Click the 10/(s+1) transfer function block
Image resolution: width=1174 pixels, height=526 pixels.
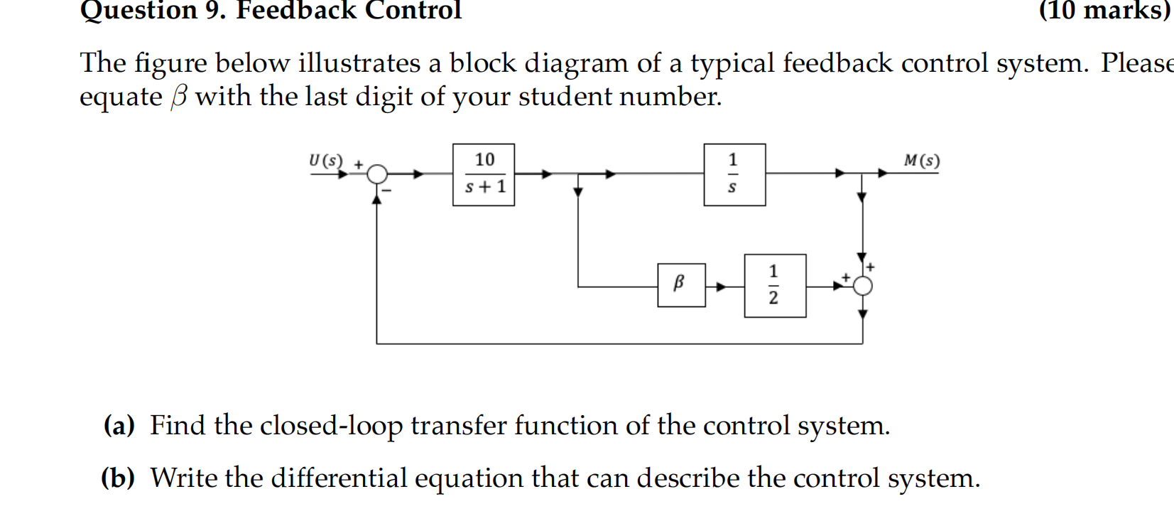pyautogui.click(x=484, y=175)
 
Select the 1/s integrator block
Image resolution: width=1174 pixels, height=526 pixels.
pyautogui.click(x=734, y=175)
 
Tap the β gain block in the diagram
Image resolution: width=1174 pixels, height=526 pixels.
pyautogui.click(x=681, y=285)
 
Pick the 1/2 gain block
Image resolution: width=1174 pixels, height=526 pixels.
pyautogui.click(x=775, y=285)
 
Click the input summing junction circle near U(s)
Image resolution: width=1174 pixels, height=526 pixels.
pyautogui.click(x=377, y=173)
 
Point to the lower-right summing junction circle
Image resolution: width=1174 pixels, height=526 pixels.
pyautogui.click(x=862, y=286)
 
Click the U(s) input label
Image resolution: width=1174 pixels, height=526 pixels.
pyautogui.click(x=325, y=161)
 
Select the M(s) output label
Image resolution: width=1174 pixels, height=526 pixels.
pyautogui.click(x=921, y=161)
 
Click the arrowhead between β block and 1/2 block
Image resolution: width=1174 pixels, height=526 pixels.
pyautogui.click(x=722, y=286)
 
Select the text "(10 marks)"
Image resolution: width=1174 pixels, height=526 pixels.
pyautogui.click(x=1104, y=10)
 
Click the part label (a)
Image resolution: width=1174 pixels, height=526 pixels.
pyautogui.click(x=119, y=426)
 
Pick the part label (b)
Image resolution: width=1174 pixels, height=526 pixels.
pyautogui.click(x=118, y=478)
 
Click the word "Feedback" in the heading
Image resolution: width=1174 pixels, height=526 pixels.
pyautogui.click(x=296, y=10)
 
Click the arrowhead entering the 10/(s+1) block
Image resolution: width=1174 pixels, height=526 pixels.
pyautogui.click(x=418, y=173)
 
